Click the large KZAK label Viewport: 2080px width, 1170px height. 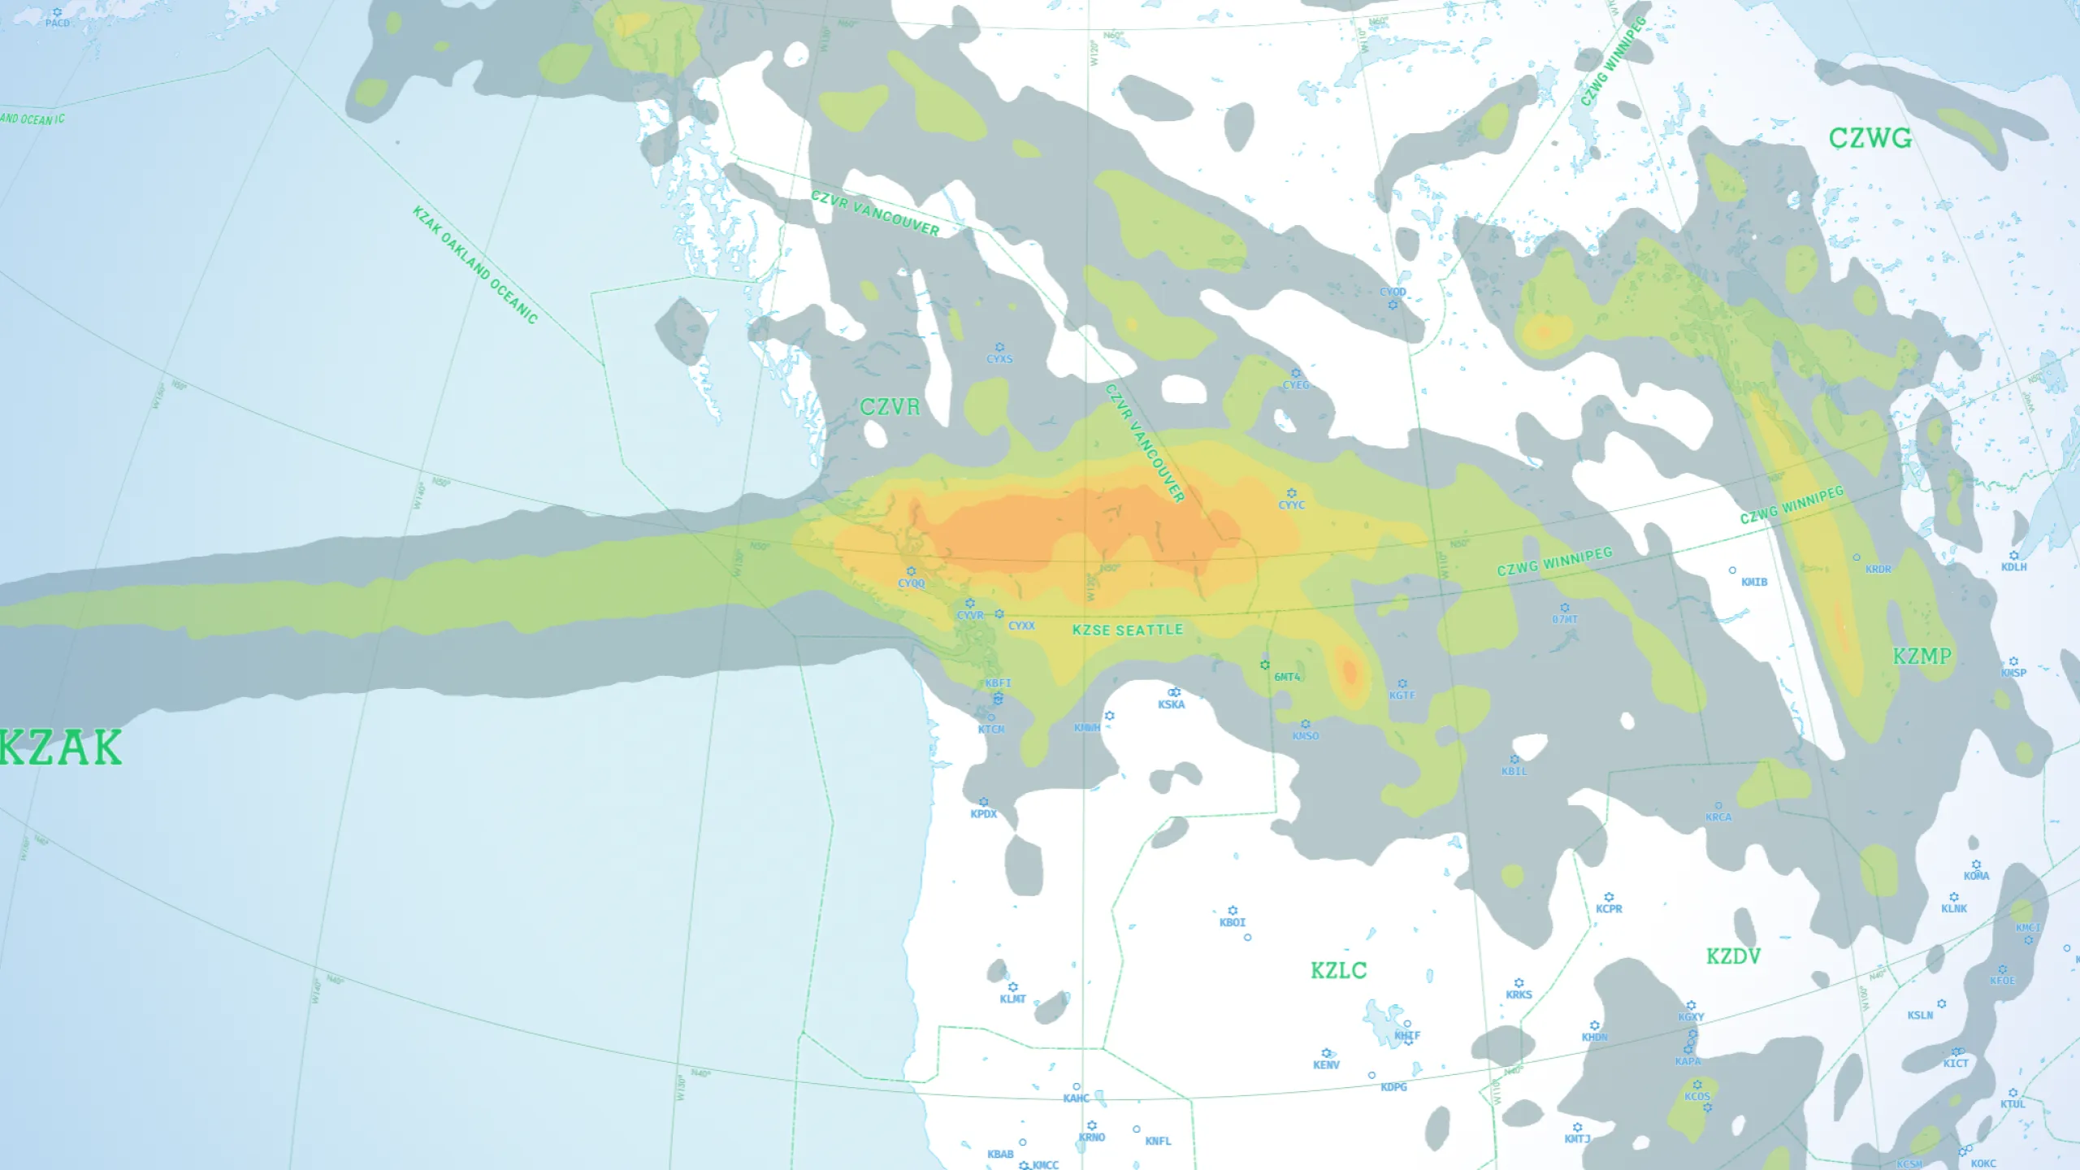(62, 747)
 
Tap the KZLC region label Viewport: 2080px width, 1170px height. (1338, 970)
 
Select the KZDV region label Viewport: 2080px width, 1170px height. (1733, 956)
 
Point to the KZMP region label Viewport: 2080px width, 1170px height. (1922, 656)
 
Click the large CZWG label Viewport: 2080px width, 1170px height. (1870, 138)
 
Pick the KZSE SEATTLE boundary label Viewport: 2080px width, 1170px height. (1127, 630)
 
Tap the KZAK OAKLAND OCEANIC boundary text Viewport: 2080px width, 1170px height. (475, 265)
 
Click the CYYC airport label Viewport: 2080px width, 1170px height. (1291, 505)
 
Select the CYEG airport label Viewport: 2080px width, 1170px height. (1296, 384)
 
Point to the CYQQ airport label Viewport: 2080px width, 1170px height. (911, 583)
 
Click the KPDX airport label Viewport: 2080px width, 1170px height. (983, 813)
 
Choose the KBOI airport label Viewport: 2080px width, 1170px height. (1232, 922)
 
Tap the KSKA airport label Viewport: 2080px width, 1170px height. (1171, 704)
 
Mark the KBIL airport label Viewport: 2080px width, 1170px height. (1514, 771)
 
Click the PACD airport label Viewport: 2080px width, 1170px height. (57, 23)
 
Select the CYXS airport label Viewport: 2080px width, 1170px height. (999, 358)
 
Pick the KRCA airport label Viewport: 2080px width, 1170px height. (1718, 817)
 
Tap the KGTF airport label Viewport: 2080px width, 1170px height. (1402, 695)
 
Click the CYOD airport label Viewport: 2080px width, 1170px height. (1393, 292)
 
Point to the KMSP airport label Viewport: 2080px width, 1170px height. (2013, 673)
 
